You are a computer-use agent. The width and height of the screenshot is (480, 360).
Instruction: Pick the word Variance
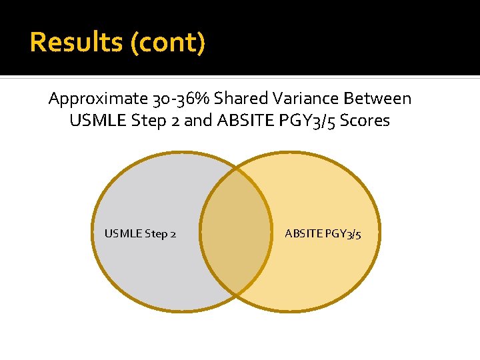coord(307,99)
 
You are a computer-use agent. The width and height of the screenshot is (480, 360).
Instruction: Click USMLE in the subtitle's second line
coord(93,121)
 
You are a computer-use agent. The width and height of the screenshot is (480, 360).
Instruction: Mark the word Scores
coord(366,121)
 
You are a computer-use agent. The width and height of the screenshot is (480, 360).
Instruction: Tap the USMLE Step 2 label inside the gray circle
coord(140,234)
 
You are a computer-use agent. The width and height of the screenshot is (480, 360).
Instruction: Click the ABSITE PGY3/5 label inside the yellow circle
coord(323,234)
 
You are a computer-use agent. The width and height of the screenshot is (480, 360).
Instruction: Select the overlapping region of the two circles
coord(235,232)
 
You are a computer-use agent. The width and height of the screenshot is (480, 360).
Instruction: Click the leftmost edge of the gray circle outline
coord(92,232)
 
